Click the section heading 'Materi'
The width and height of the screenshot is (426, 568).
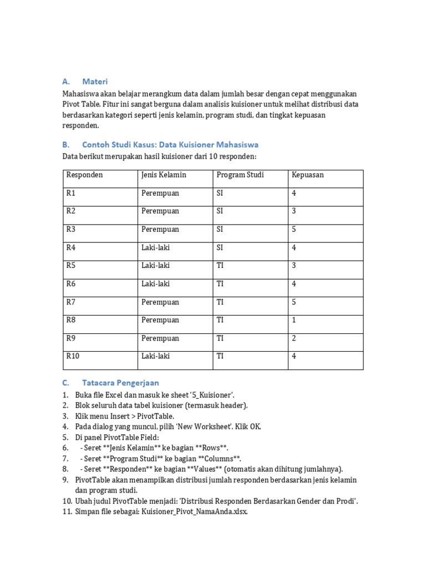click(95, 82)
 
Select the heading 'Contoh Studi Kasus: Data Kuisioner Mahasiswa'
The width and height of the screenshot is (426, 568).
click(170, 145)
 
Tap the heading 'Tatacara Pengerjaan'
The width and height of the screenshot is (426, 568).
click(120, 383)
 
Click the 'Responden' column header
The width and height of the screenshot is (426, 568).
click(84, 175)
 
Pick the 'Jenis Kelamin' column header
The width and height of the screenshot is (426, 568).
click(164, 175)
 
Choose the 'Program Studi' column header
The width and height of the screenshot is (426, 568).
click(240, 175)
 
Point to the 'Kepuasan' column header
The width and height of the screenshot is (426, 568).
click(307, 175)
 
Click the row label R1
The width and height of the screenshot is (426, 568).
click(70, 194)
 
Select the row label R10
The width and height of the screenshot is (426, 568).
click(73, 357)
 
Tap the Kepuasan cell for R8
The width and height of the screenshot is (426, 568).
click(293, 321)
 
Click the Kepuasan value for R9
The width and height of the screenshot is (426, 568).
click(293, 338)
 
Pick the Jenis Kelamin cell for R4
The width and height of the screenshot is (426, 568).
click(155, 248)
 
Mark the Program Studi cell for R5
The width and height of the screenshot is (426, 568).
click(220, 266)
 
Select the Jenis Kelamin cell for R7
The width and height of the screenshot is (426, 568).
click(160, 302)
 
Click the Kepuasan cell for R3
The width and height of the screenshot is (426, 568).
click(293, 230)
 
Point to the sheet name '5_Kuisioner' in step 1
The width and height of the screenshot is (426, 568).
click(213, 395)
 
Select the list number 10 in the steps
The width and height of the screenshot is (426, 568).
click(67, 502)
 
